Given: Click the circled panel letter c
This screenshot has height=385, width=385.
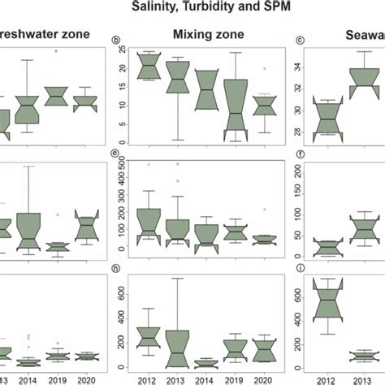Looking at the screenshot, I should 301,40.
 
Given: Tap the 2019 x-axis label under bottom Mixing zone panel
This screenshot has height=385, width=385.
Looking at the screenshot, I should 236,379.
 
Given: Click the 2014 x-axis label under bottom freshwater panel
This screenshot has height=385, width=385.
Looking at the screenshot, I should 28,379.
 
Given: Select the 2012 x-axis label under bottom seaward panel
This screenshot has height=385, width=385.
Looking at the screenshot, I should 327,379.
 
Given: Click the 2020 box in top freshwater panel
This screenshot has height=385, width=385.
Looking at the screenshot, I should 85,103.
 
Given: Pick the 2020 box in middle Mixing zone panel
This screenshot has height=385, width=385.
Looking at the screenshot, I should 265,240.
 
